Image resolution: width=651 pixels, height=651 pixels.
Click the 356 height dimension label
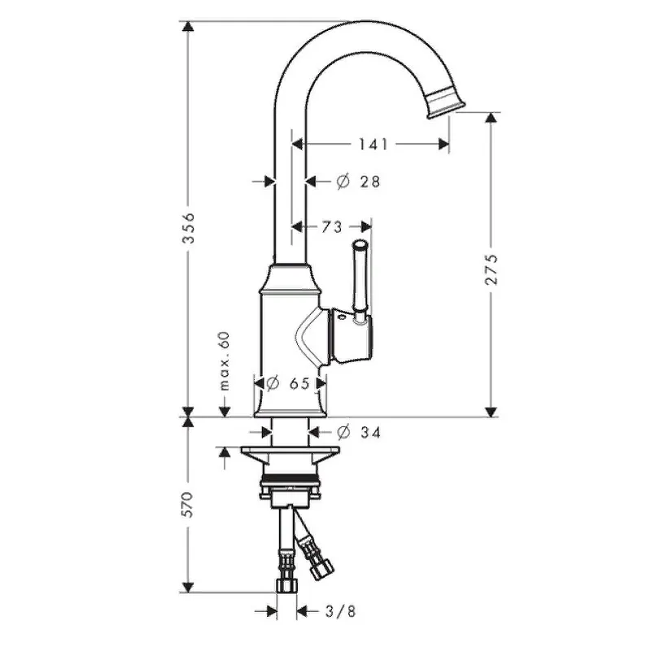(189, 228)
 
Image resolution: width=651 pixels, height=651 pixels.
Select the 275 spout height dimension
(491, 269)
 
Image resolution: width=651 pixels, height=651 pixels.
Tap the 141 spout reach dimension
(374, 145)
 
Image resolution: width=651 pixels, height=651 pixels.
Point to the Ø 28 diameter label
(358, 181)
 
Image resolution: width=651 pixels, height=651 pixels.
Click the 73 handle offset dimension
(332, 227)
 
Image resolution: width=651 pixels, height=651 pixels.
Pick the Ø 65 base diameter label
(288, 383)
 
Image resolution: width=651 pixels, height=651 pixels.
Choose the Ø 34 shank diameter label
(359, 433)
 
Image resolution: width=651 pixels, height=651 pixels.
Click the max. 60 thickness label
(225, 361)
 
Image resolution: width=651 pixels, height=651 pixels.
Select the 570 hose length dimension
(188, 504)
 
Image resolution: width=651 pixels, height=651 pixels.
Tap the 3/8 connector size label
(340, 611)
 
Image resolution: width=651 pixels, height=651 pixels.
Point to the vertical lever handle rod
(360, 280)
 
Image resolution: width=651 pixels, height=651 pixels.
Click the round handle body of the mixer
(352, 335)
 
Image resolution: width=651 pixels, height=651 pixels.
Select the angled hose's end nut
(321, 569)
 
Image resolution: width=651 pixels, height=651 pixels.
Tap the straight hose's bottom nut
(286, 585)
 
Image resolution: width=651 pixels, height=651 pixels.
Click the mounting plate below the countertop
(291, 450)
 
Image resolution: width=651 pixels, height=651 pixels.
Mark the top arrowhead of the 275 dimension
(491, 117)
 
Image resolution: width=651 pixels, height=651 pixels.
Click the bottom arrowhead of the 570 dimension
(188, 587)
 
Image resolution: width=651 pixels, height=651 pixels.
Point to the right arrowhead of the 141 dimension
(443, 145)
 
